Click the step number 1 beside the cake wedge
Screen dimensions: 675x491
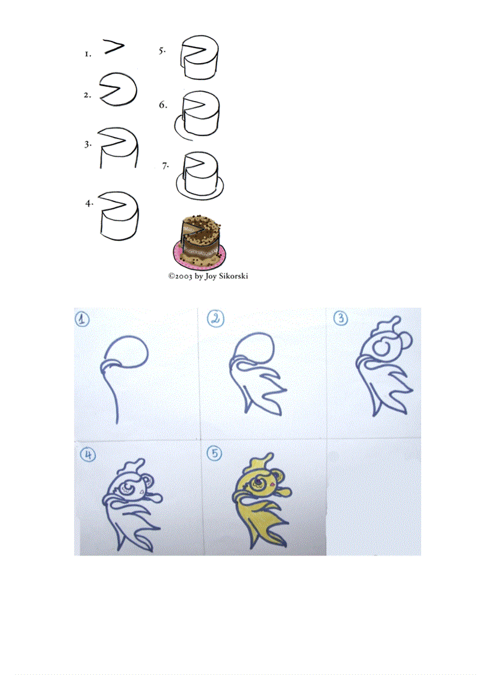click(87, 54)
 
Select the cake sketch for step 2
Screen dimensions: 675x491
click(118, 90)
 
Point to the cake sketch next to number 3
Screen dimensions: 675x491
click(119, 147)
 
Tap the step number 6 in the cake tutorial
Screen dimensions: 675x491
click(162, 105)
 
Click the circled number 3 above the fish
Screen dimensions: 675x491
click(341, 319)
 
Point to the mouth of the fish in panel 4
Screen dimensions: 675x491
click(153, 496)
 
